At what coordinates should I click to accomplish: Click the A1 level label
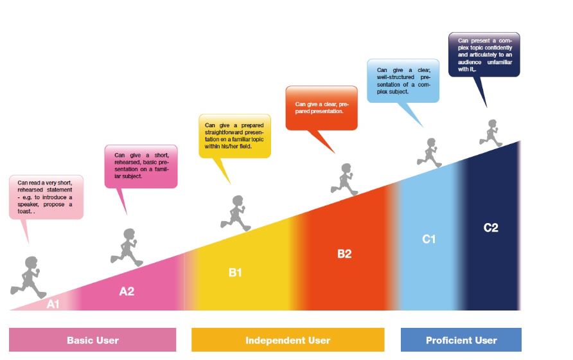53,304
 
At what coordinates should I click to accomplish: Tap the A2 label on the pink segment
127,291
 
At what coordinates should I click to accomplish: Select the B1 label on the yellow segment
235,273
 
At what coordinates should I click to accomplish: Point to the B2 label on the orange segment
344,254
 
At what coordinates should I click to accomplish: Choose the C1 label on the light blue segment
429,239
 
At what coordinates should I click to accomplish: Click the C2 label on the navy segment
491,228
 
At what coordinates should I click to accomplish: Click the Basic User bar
93,340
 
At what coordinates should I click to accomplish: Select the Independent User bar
288,340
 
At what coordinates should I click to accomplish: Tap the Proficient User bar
461,340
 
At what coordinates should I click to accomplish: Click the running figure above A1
28,277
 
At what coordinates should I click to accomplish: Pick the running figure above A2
127,248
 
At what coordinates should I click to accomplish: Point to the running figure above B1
236,213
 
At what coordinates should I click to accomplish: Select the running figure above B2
344,179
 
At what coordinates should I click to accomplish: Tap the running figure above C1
429,153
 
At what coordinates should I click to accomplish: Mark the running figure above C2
491,133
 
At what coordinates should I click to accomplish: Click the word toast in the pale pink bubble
25,212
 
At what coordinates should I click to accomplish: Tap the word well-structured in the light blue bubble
396,77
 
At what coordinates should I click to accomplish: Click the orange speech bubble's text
322,107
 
